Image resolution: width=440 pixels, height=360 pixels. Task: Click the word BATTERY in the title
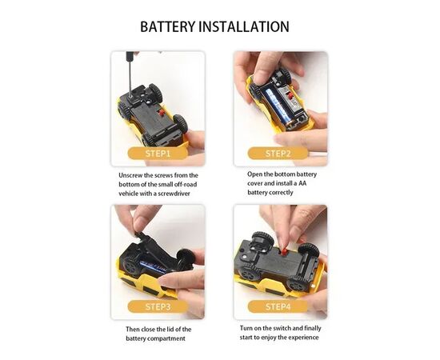point(167,26)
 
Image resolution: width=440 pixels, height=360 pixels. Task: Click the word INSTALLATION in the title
point(244,26)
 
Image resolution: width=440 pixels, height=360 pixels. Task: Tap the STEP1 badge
point(158,154)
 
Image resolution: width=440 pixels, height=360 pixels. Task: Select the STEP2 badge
point(278,154)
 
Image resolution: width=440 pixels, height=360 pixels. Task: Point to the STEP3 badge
point(158,306)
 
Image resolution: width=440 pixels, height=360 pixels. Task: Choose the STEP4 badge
point(278,306)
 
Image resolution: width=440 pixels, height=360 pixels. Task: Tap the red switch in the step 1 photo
point(162,113)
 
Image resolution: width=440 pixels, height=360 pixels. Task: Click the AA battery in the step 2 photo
point(278,107)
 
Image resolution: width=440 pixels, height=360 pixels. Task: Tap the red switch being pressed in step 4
point(284,251)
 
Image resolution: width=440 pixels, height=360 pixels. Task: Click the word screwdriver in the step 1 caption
point(174,194)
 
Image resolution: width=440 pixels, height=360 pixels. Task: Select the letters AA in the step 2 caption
point(302,183)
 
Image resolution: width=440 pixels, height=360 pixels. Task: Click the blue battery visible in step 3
point(154,266)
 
